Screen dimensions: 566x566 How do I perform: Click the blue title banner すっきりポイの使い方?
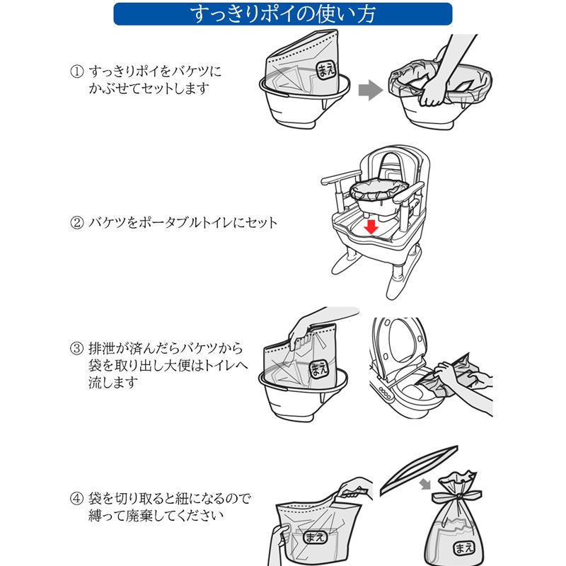282,14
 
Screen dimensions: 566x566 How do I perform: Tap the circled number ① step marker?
77,71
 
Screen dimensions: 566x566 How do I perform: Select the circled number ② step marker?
77,223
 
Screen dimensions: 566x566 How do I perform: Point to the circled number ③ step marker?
77,349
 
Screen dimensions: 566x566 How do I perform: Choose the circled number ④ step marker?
77,499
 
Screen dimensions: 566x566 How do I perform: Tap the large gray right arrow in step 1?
370,91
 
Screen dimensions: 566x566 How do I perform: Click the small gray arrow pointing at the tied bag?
426,484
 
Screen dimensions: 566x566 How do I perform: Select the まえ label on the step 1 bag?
326,69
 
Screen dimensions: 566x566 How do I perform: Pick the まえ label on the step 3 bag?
319,369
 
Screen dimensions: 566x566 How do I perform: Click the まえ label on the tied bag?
464,548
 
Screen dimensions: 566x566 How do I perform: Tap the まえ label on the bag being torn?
314,537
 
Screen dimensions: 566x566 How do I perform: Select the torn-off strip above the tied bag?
419,470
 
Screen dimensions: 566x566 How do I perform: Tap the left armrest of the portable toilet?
341,178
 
